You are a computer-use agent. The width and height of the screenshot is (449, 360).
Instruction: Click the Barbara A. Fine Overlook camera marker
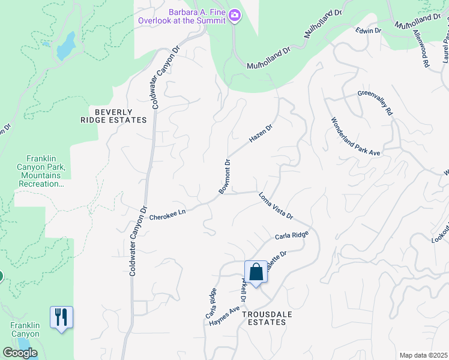tap(235, 17)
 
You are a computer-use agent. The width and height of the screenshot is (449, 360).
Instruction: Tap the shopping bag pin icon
tap(256, 272)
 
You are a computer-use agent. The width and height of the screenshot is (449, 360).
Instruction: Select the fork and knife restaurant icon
tap(61, 317)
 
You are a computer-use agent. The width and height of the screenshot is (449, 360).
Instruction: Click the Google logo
tap(19, 353)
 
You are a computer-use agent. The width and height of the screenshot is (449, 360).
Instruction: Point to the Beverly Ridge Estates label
tap(113, 116)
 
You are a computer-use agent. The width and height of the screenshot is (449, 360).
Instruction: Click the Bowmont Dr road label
tap(224, 176)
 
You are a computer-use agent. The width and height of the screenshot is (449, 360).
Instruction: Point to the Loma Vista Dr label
tap(275, 206)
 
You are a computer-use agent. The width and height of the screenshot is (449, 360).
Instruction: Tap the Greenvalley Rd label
tap(375, 103)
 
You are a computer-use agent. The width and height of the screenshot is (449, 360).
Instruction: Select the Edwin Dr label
tap(369, 30)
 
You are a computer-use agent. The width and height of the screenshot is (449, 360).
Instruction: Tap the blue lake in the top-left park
tap(66, 46)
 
